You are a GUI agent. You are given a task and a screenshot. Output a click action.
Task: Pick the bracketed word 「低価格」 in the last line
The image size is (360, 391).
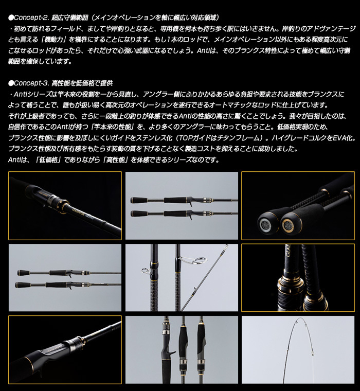52,159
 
